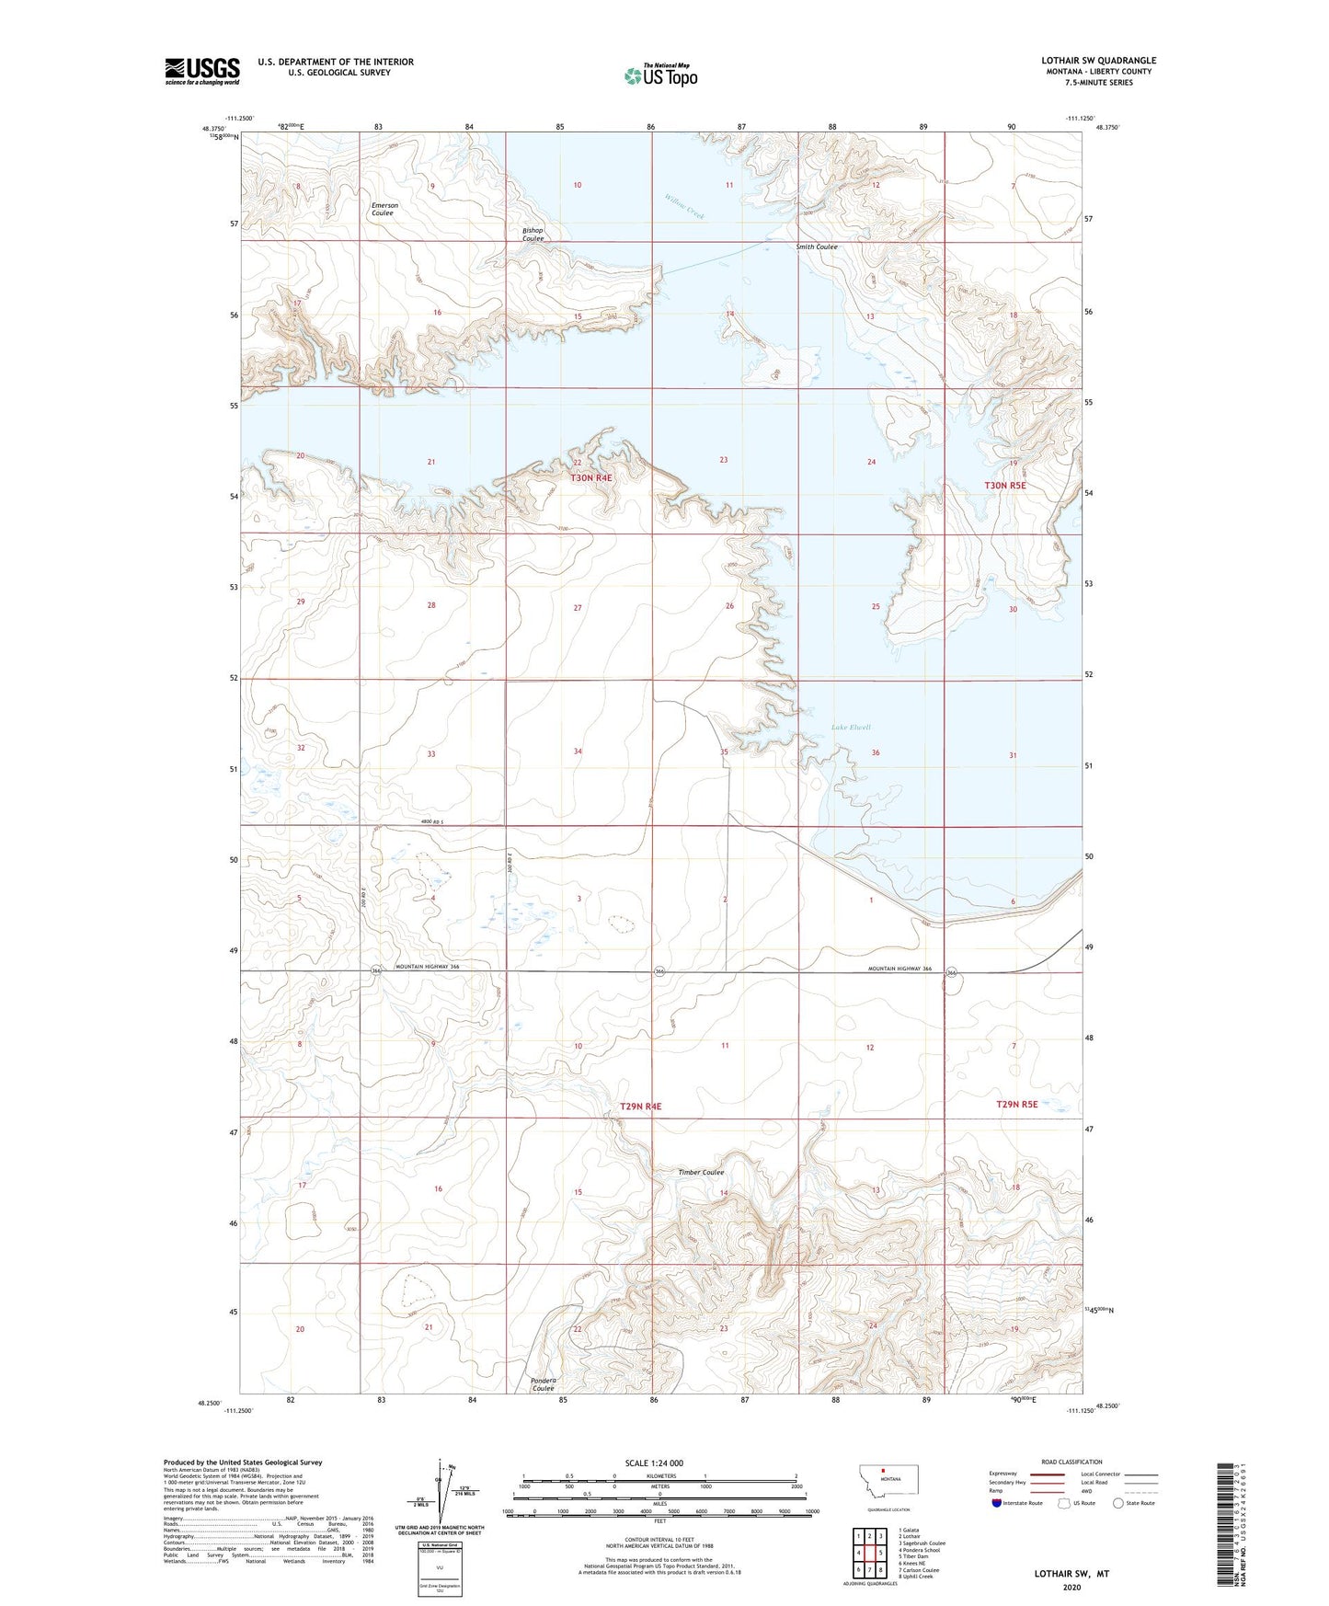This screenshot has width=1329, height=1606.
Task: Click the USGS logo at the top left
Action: pyautogui.click(x=202, y=71)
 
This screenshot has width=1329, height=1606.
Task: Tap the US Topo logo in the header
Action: pyautogui.click(x=660, y=75)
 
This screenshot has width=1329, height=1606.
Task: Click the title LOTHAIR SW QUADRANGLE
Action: pyautogui.click(x=1098, y=61)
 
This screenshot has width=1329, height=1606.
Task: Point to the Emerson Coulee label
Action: pyautogui.click(x=384, y=210)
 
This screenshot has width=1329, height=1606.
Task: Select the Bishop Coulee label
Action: pyautogui.click(x=533, y=235)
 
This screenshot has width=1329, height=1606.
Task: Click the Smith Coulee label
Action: pyautogui.click(x=817, y=247)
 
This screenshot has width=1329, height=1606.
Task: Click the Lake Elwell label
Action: pyautogui.click(x=851, y=728)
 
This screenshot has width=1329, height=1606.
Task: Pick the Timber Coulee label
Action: pyautogui.click(x=701, y=1173)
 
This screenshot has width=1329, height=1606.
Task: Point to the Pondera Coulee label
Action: pyautogui.click(x=543, y=1383)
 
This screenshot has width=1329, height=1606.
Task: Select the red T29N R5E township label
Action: pyautogui.click(x=1016, y=1104)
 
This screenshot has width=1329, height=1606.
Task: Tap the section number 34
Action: pyautogui.click(x=578, y=751)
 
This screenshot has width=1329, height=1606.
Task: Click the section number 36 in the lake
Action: pyautogui.click(x=876, y=752)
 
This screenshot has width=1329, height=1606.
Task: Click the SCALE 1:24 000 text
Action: pyautogui.click(x=654, y=1463)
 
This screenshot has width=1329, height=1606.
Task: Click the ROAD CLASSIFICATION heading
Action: pyautogui.click(x=1071, y=1462)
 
